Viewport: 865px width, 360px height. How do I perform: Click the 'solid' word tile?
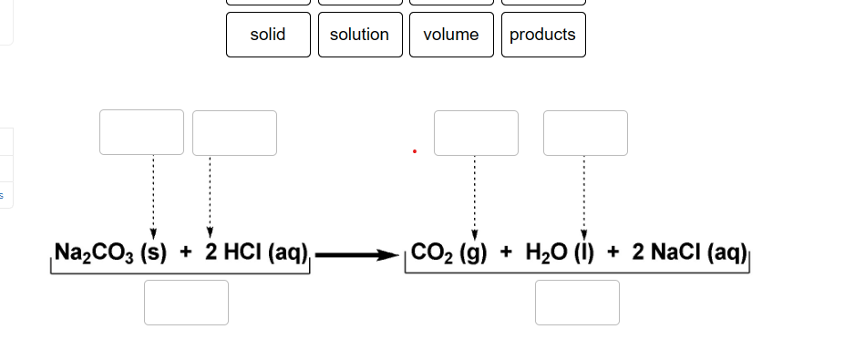[268, 35]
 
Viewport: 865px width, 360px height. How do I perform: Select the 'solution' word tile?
[359, 35]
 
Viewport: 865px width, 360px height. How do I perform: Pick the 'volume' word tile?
[451, 35]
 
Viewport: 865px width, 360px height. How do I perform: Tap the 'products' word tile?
[542, 35]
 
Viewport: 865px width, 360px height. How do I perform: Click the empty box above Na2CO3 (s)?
[142, 132]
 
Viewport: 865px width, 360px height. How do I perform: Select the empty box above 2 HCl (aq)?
[234, 132]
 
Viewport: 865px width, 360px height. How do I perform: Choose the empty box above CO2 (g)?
[476, 132]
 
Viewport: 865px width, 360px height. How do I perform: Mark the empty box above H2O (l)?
[585, 132]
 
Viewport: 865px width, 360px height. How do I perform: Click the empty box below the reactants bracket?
[186, 302]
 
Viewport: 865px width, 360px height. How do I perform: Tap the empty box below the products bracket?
[577, 302]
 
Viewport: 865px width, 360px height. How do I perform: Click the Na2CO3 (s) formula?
[109, 252]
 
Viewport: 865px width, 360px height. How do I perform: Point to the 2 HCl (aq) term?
[259, 252]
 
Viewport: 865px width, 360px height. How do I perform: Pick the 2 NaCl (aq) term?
[689, 252]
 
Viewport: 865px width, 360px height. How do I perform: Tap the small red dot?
[414, 151]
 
